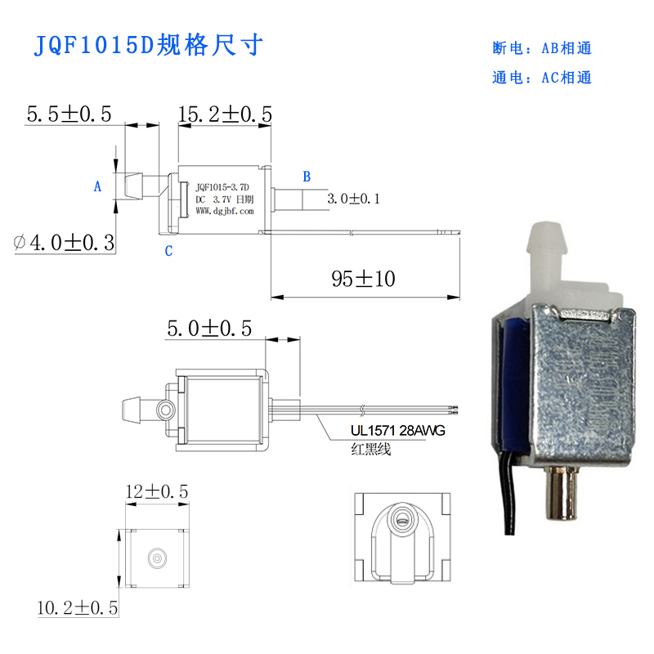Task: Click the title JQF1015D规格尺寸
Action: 148,45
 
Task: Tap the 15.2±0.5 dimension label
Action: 225,114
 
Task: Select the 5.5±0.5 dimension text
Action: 69,114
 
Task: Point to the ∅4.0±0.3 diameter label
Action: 64,242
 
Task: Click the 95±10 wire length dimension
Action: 363,279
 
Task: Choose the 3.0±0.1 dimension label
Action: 354,199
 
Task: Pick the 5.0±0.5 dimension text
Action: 209,329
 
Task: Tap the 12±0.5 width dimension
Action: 157,491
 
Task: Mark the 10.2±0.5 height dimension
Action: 78,607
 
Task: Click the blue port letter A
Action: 97,186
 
